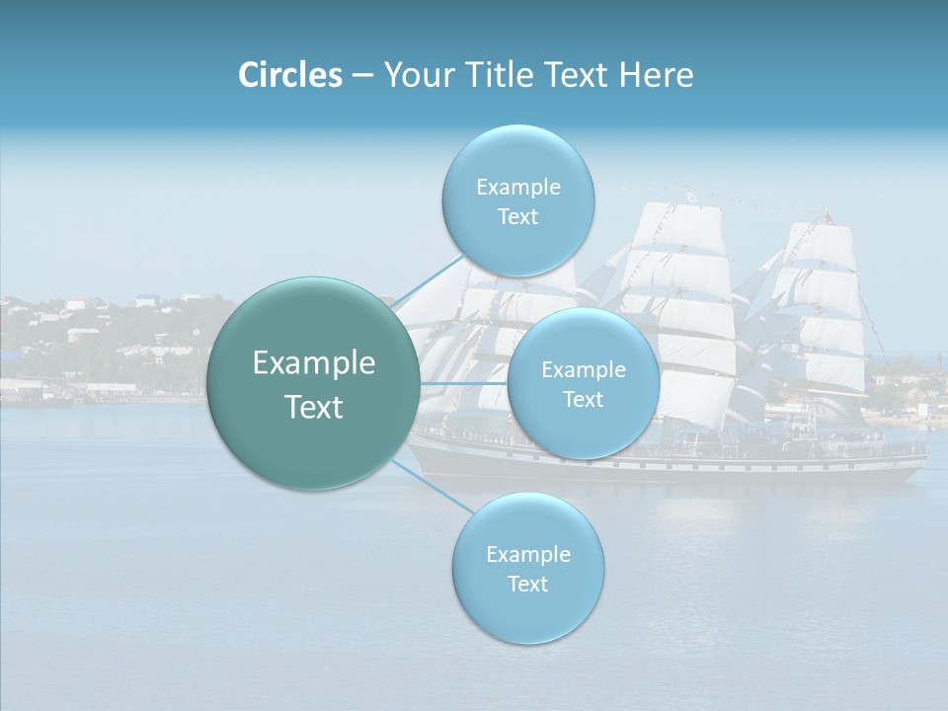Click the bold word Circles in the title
click(x=290, y=75)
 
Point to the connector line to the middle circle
click(x=464, y=383)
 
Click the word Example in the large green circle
click(x=314, y=363)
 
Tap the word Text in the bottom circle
click(x=527, y=584)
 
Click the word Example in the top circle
click(x=518, y=187)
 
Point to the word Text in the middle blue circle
click(x=583, y=399)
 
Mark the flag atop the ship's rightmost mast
click(x=828, y=214)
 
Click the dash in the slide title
click(x=362, y=76)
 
